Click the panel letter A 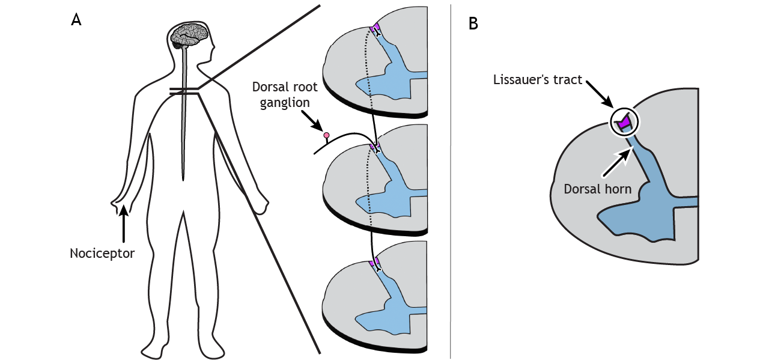tap(76, 19)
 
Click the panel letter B tap(473, 23)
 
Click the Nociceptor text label tap(102, 253)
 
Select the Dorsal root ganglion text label tap(284, 95)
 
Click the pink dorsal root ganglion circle tap(327, 136)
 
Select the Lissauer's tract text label tap(538, 79)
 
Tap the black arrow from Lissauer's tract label tap(601, 97)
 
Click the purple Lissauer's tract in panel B tap(625, 122)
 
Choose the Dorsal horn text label tap(597, 189)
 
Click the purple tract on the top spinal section tap(375, 28)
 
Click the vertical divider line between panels tap(451, 180)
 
